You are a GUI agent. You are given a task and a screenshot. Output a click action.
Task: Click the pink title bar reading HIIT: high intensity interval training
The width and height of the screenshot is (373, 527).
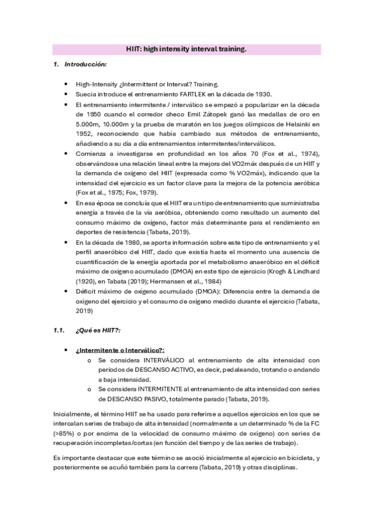tap(186, 48)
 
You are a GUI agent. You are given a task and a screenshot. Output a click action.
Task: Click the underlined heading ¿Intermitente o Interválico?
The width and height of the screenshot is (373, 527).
tap(120, 350)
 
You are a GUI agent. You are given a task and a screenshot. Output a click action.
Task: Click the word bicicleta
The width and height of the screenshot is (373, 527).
tap(298, 458)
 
